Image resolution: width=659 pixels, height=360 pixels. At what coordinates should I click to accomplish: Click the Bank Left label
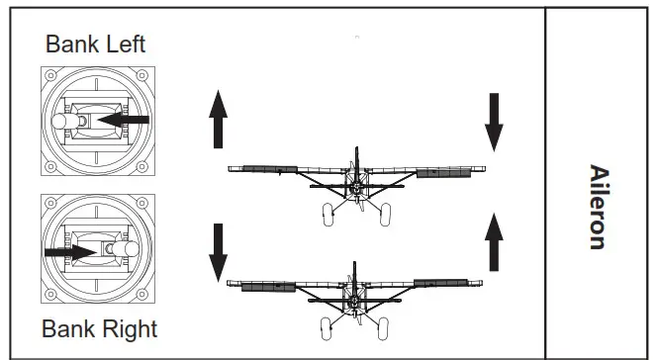coord(96,45)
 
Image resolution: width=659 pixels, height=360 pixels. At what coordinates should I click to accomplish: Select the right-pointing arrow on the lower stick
coord(70,251)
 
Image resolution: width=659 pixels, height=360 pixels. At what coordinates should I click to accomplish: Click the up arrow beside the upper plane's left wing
coord(219,117)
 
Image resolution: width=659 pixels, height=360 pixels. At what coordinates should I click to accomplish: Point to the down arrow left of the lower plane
coord(219,250)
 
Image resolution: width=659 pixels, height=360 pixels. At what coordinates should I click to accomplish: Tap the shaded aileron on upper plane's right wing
coord(444,173)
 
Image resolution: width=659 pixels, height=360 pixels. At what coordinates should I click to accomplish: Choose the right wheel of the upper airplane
coord(385,213)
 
